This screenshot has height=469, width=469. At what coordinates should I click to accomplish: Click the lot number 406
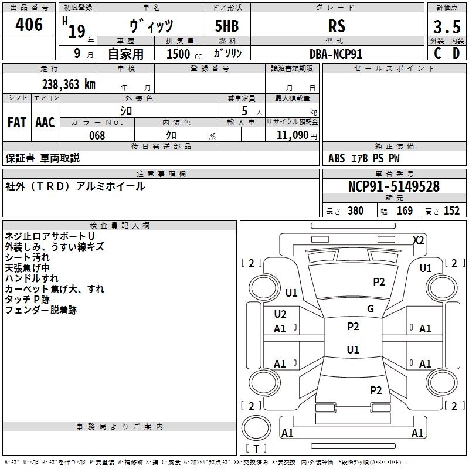click(x=29, y=25)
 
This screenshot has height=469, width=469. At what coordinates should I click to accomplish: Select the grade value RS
click(x=337, y=26)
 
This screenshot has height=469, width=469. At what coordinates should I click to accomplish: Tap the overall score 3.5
click(x=446, y=26)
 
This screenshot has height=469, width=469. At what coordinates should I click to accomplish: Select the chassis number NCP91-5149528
click(x=394, y=186)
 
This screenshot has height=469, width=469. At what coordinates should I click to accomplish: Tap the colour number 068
click(x=97, y=135)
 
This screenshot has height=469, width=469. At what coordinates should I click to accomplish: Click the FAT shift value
click(x=16, y=123)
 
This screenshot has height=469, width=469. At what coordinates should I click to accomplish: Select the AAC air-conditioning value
click(x=45, y=123)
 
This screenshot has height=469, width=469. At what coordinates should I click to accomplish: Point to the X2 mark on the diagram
click(x=419, y=240)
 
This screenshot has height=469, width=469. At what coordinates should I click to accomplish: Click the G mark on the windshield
click(x=371, y=309)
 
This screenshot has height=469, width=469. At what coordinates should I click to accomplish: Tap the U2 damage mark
click(x=280, y=314)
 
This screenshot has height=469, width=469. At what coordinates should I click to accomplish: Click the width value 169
click(x=405, y=211)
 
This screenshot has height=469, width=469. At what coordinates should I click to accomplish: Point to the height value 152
click(x=451, y=211)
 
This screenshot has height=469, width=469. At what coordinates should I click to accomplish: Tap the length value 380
click(x=355, y=211)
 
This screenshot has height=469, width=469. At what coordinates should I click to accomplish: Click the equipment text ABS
click(x=337, y=158)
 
